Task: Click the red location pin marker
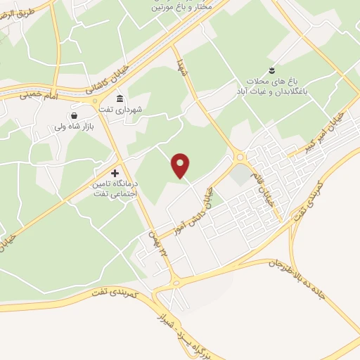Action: (x=181, y=165)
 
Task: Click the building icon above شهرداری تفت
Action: (x=120, y=98)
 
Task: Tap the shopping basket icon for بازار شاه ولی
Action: (x=74, y=115)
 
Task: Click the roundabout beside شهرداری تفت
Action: (x=96, y=103)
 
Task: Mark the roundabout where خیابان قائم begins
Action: (x=240, y=158)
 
